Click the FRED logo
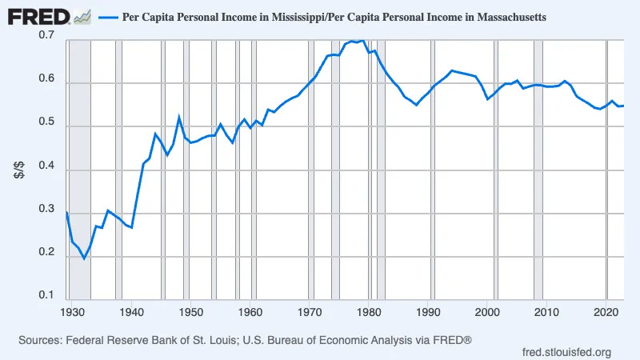point(40,15)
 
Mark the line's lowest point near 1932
point(84,258)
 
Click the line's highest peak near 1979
point(364,40)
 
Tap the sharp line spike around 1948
point(179,117)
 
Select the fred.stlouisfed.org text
point(566,352)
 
